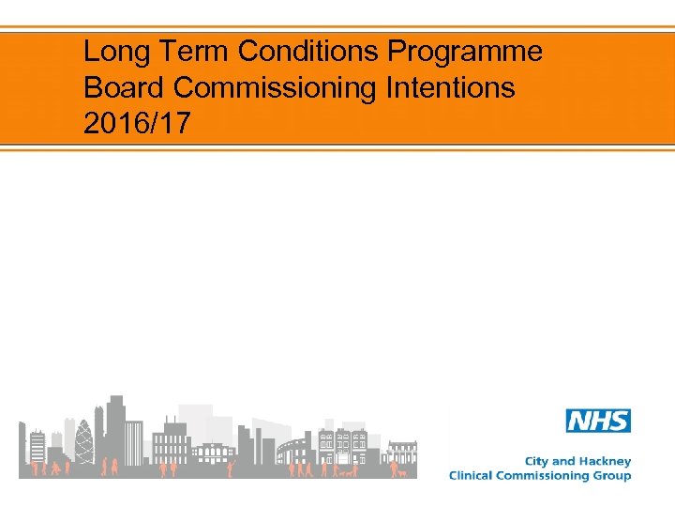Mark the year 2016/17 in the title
(136, 123)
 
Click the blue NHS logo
(598, 421)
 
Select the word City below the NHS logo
(537, 461)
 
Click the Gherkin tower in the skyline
(85, 441)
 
